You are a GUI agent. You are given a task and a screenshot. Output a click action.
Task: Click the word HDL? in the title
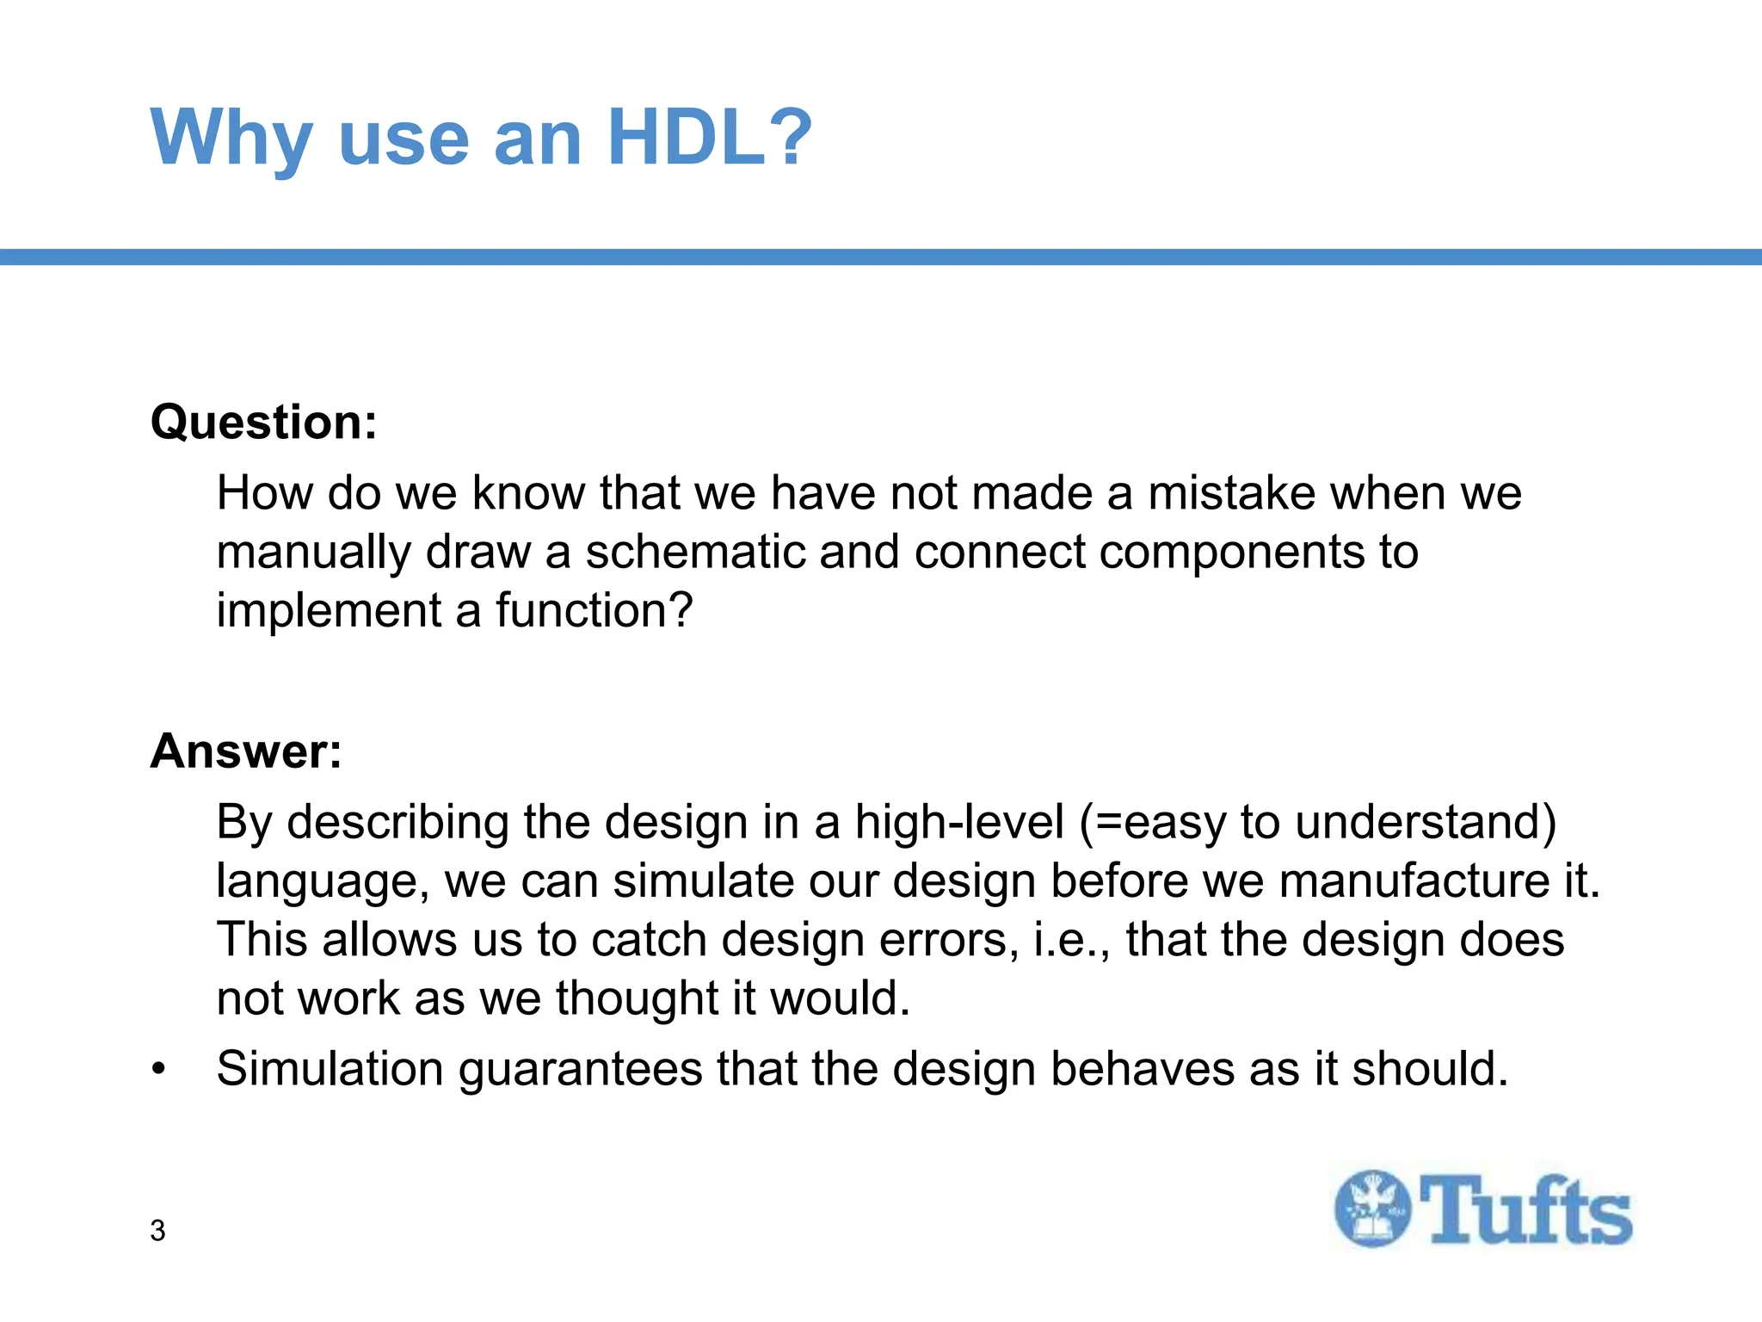point(708,138)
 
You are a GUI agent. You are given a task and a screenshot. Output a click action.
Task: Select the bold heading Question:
point(263,423)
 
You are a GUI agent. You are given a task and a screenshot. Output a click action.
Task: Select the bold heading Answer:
point(246,751)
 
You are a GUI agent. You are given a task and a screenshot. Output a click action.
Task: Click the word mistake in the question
point(1231,493)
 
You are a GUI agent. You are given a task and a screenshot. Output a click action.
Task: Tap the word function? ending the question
point(594,610)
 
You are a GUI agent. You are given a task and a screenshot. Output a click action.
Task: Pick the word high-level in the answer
point(958,822)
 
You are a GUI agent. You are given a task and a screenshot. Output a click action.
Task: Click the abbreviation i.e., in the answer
point(1071,939)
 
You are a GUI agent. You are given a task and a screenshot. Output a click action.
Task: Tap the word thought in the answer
point(636,998)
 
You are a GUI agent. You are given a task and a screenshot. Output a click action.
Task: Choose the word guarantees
point(580,1070)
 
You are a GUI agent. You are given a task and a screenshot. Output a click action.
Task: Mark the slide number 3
point(157,1231)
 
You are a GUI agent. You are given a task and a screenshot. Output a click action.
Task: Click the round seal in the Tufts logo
point(1373,1208)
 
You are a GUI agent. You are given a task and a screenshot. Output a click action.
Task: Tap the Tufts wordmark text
point(1525,1210)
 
